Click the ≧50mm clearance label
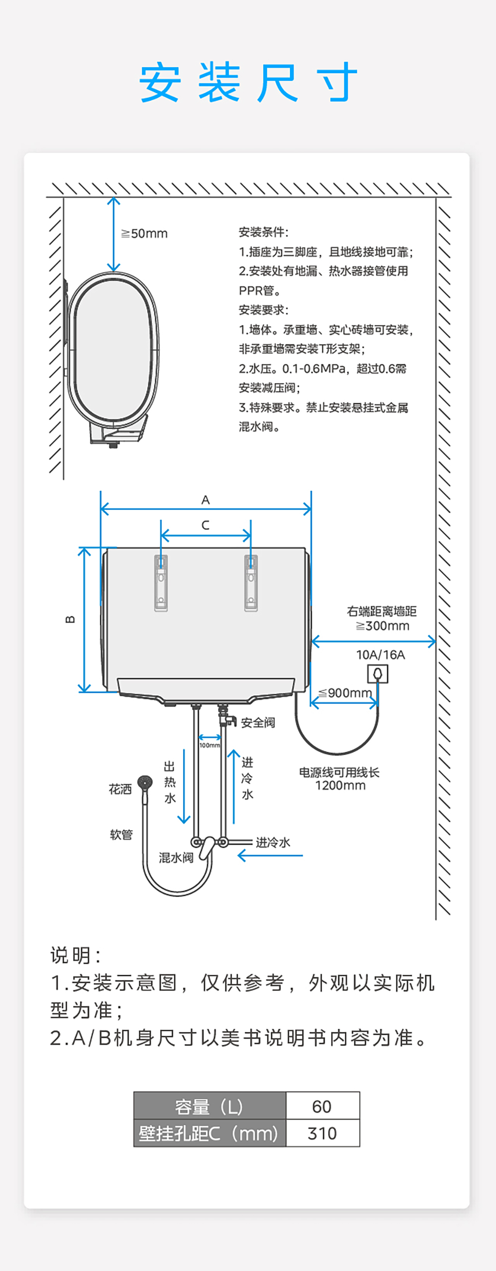(145, 233)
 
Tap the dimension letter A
(206, 500)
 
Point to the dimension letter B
(70, 619)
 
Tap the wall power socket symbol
(378, 674)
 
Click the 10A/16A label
(380, 655)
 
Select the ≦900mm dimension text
(345, 693)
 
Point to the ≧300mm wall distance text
(382, 626)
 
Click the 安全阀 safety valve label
(258, 723)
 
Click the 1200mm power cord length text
(340, 785)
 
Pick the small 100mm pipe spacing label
(210, 745)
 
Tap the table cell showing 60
(322, 1107)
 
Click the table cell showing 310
(322, 1133)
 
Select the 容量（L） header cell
(210, 1107)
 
